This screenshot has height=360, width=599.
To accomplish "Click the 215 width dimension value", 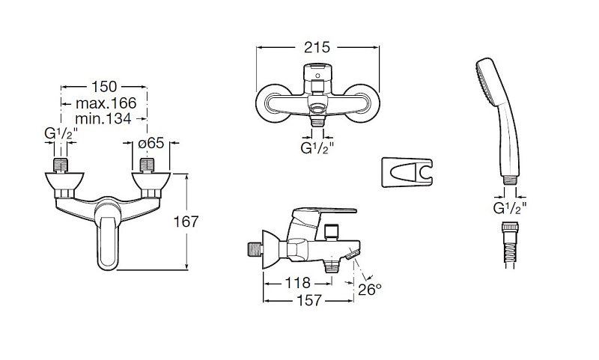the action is (x=317, y=47).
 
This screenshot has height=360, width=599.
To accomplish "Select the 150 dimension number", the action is (x=103, y=87).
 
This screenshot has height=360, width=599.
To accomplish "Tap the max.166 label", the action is (x=106, y=103).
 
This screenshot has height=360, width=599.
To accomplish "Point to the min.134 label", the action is (x=103, y=118).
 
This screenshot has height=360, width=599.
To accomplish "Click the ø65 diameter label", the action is (x=151, y=143).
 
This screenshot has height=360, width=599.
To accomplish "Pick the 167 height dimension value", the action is (x=186, y=222).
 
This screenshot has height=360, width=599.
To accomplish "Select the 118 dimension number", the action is (x=297, y=283).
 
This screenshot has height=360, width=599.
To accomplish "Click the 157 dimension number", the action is (x=309, y=300).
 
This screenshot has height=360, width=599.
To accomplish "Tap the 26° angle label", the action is (x=370, y=290).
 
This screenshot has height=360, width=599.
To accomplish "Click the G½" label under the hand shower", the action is (x=510, y=208).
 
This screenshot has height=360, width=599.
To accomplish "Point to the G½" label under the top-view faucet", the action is (x=317, y=147).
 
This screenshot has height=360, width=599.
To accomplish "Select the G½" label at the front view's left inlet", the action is (x=61, y=134).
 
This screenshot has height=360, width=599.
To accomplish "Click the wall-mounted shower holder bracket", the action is (x=407, y=172).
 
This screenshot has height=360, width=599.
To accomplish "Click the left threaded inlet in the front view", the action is (x=61, y=165).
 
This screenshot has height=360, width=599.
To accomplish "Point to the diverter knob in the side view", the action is (x=331, y=232).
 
